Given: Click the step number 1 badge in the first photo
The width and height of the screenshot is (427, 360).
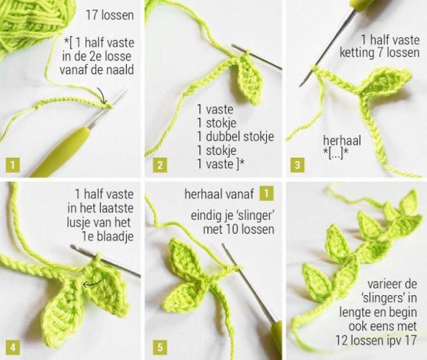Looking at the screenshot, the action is click(13, 165).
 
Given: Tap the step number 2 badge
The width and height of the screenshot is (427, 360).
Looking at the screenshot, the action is click(160, 165).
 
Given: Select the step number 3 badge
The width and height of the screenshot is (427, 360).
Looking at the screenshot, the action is click(298, 165).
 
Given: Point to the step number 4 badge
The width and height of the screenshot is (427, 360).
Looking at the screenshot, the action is click(13, 348).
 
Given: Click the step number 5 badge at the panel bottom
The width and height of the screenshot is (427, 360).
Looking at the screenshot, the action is click(160, 348).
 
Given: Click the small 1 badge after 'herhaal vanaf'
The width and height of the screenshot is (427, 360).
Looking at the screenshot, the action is click(266, 194).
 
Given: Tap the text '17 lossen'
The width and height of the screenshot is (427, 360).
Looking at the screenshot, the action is click(110, 15).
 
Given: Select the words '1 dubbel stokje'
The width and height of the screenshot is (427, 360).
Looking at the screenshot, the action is click(235, 137).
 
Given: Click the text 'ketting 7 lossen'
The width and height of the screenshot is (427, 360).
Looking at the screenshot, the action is click(379, 52).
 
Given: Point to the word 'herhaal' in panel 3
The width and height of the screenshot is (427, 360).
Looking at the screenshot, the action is click(342, 141).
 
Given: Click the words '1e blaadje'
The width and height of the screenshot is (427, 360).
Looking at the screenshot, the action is click(108, 236).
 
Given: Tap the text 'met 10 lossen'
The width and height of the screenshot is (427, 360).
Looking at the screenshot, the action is click(239, 230).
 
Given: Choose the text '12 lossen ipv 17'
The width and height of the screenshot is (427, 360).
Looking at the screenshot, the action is click(376, 340).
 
